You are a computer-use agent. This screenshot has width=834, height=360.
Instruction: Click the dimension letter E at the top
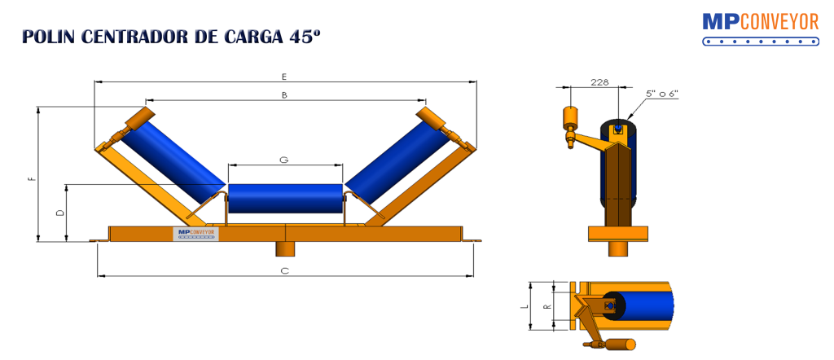[x=283, y=77]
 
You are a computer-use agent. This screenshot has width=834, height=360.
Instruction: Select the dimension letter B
[x=283, y=95]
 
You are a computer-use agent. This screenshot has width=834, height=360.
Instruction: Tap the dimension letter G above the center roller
[x=283, y=160]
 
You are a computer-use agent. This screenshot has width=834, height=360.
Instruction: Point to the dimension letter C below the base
[x=285, y=270]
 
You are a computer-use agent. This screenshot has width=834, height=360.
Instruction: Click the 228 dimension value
[x=599, y=81]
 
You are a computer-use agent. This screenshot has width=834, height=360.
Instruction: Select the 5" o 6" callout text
[x=662, y=94]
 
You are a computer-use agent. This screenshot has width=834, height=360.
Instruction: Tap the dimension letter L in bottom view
[x=525, y=307]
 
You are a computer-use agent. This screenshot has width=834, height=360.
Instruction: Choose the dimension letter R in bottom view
[x=546, y=307]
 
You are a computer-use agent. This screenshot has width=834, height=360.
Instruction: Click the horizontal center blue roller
[x=284, y=199]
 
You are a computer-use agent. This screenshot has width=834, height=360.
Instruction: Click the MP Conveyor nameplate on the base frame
[x=195, y=233]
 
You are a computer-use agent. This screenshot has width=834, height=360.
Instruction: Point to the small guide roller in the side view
[x=571, y=119]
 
